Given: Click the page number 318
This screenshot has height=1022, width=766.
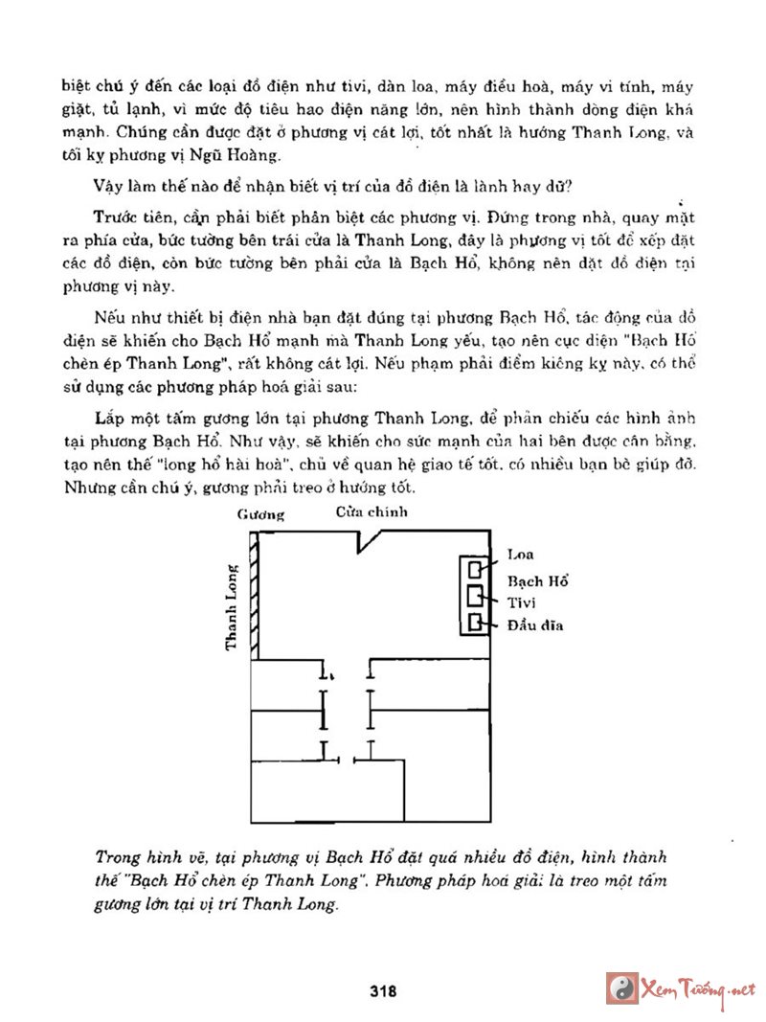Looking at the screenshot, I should click(383, 991).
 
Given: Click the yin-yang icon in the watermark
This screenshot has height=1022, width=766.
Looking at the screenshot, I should click(622, 988).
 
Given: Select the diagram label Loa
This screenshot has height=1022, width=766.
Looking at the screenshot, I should click(521, 555).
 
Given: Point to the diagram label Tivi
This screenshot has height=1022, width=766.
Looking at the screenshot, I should click(522, 603).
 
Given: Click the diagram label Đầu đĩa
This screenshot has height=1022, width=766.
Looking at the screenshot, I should click(535, 626).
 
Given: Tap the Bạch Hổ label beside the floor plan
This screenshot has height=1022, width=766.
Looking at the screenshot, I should click(538, 581).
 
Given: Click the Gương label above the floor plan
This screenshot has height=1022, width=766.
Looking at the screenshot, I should click(260, 514).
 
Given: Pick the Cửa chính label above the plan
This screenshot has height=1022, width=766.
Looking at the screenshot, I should click(372, 511).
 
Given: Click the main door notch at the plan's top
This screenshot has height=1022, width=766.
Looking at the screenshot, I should click(370, 541).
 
